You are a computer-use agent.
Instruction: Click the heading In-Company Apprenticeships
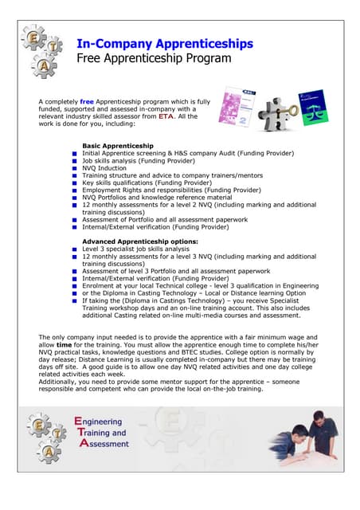165,43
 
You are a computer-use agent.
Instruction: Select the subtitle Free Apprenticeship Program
154,58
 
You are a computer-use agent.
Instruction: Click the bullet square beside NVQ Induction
73,169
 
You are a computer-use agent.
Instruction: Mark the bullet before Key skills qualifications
73,183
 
